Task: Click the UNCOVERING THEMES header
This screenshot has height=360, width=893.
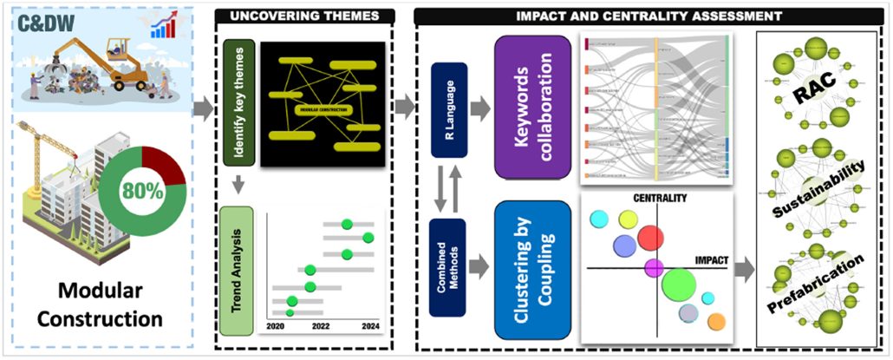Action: tap(304, 16)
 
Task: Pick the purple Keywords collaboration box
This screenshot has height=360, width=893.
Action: tap(532, 104)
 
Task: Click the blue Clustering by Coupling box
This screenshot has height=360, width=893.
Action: tap(532, 270)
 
